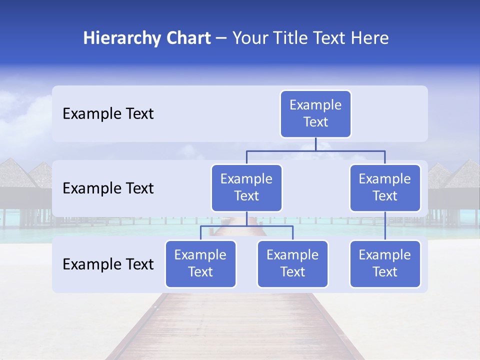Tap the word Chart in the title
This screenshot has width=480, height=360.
[187, 38]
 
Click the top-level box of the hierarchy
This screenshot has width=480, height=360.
[315, 113]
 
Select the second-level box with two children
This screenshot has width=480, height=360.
[246, 187]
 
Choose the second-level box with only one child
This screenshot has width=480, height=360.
[385, 187]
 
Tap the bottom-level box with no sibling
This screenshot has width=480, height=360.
[385, 263]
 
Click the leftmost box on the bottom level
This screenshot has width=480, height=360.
[200, 263]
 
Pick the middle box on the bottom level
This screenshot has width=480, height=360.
[292, 263]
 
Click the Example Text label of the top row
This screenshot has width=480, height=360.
[108, 113]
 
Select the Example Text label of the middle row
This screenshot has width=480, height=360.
[108, 188]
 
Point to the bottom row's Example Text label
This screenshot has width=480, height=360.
[108, 264]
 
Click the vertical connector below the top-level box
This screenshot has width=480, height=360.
[315, 144]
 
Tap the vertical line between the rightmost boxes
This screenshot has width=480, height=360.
[385, 226]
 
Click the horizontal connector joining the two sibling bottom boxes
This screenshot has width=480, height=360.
[246, 226]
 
